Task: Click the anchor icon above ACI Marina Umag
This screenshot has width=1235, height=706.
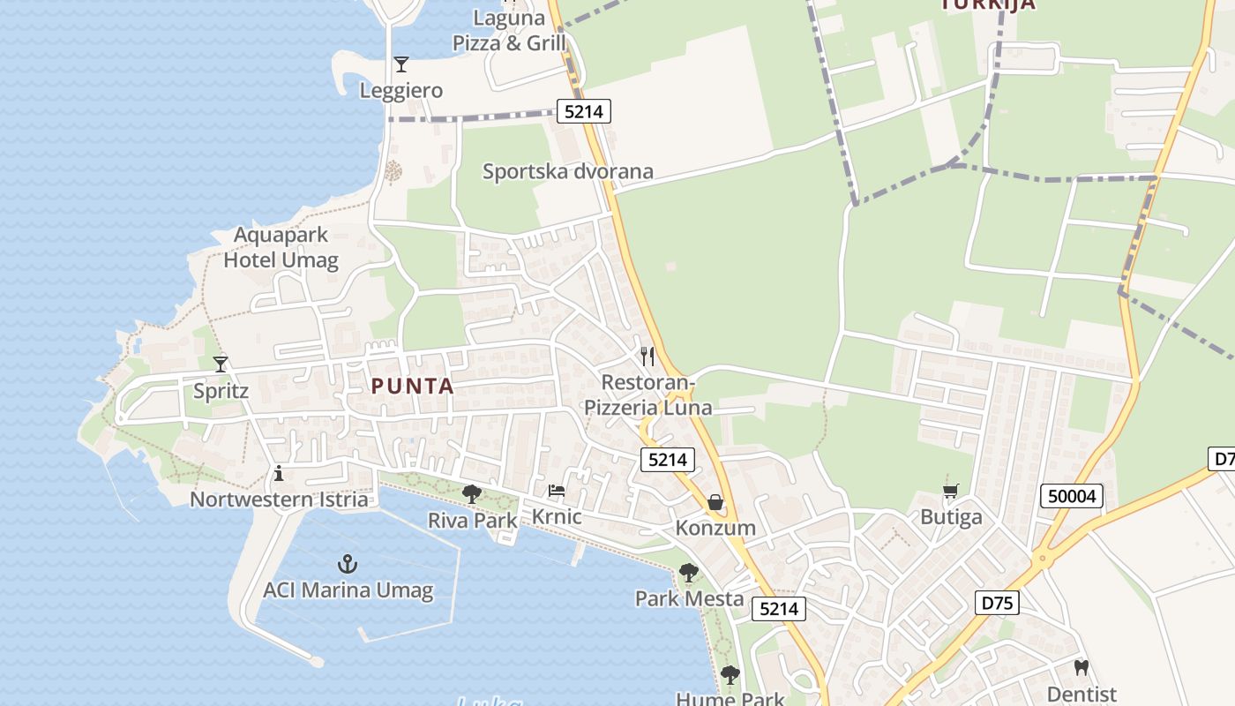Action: (x=348, y=563)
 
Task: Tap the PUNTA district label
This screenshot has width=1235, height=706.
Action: (x=413, y=386)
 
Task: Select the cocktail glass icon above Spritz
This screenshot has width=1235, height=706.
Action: (x=221, y=364)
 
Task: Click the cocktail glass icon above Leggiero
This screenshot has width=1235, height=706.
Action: (x=401, y=64)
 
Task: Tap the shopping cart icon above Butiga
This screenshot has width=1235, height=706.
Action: (x=951, y=491)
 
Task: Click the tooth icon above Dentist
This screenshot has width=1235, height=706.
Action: (x=1082, y=668)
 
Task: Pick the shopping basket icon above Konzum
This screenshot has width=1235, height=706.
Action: (x=715, y=502)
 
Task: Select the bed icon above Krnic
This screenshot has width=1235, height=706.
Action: (x=557, y=490)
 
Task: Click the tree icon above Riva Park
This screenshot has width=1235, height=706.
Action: (x=472, y=493)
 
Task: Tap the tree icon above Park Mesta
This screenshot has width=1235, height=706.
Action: (x=689, y=573)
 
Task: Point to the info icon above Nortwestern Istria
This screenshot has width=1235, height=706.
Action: (x=279, y=474)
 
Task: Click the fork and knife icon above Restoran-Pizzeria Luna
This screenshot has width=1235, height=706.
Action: (x=647, y=357)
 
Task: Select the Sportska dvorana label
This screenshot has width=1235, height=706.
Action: (x=568, y=171)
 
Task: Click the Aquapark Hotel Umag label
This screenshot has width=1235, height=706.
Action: (x=281, y=248)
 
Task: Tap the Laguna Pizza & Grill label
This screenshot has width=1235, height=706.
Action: (x=509, y=30)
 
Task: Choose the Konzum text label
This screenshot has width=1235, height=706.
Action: (x=715, y=528)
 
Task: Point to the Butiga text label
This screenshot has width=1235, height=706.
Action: (x=951, y=517)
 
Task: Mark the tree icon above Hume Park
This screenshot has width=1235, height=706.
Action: (x=730, y=675)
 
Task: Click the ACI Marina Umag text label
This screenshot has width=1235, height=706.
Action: (x=348, y=590)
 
